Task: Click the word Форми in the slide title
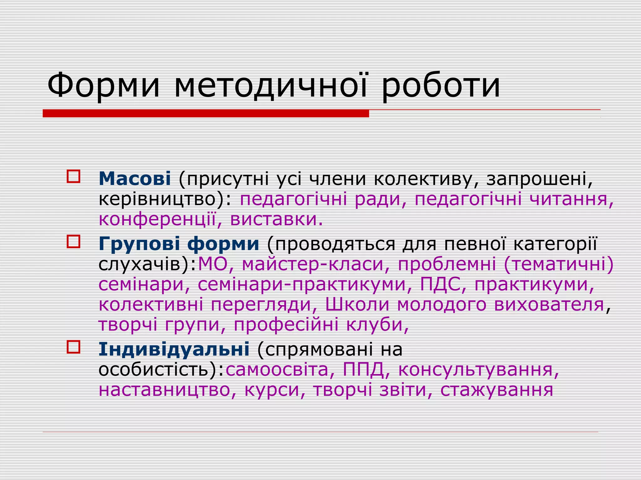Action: pos(103,85)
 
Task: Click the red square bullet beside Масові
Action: pos(74,177)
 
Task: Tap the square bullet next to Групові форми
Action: pos(74,242)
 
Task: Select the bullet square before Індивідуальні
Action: pos(74,347)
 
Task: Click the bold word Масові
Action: pos(135,178)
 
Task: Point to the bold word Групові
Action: pos(139,243)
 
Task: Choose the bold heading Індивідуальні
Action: pos(174,349)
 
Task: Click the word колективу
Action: pos(426,179)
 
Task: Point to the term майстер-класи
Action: pos(313,264)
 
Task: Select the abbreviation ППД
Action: pos(363,369)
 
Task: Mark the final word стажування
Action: pos(497,390)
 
